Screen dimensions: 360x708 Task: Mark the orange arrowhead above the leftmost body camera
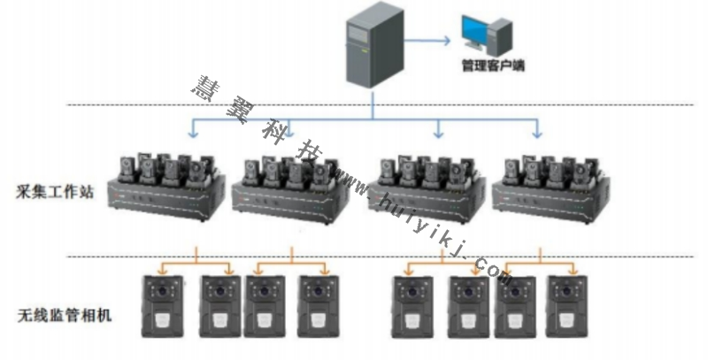click(x=160, y=272)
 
